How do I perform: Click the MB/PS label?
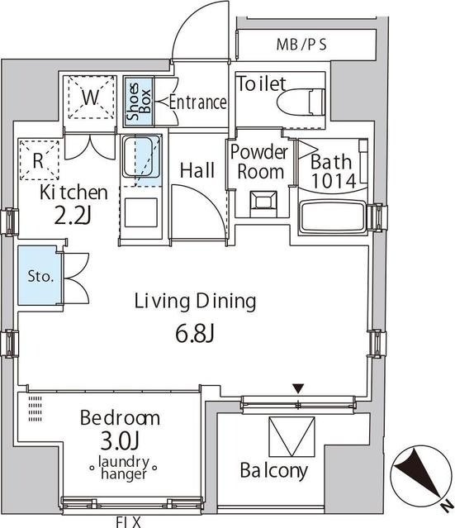tap(301, 45)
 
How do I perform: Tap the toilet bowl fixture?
tap(301, 102)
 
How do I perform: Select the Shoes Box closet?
tap(139, 102)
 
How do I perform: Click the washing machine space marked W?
tap(91, 97)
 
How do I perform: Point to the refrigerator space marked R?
tap(39, 160)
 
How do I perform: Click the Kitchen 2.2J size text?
tap(72, 216)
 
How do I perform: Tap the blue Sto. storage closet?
tap(40, 275)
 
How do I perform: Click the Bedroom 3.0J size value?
tap(120, 441)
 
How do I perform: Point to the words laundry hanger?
tap(124, 468)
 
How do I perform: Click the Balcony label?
tap(274, 470)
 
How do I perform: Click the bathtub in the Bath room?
tap(333, 216)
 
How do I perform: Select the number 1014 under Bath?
tap(334, 181)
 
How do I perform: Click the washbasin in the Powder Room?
tap(263, 202)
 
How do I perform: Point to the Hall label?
tap(197, 170)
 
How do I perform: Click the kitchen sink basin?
tap(141, 156)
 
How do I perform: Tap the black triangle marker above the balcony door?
tap(298, 388)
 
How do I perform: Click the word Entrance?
tap(197, 102)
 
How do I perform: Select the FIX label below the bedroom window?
tap(128, 523)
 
